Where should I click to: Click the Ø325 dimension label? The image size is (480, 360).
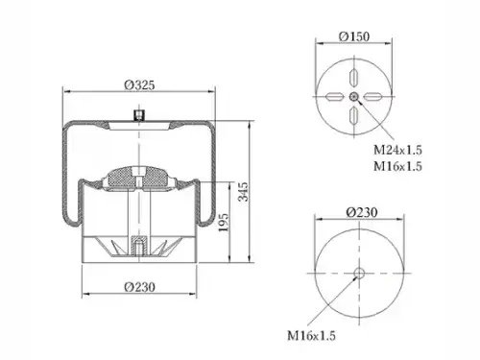point(139,85)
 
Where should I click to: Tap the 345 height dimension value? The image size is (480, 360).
point(243,192)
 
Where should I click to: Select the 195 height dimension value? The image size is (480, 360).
point(224,223)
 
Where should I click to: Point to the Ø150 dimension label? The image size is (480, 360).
point(354,36)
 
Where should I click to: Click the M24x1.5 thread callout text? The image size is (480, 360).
point(397,150)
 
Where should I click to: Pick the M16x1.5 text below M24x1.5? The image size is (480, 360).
point(397,166)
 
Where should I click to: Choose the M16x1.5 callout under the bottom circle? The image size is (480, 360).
point(311,336)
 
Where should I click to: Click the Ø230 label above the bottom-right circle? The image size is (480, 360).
point(362,212)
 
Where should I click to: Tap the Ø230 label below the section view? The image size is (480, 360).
point(140,287)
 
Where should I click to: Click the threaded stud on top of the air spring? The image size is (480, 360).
point(139,115)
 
